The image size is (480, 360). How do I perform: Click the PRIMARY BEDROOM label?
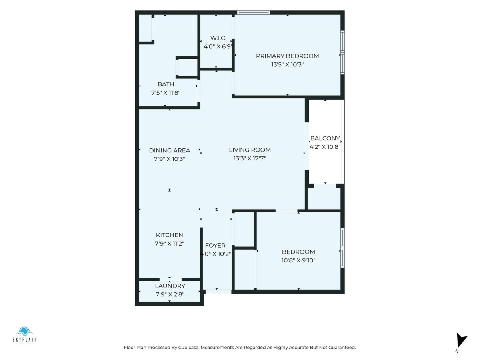(x=287, y=56)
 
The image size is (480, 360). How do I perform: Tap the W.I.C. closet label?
(x=218, y=38)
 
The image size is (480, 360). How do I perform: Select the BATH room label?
(x=166, y=84)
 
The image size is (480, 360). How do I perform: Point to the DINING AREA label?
(x=170, y=150)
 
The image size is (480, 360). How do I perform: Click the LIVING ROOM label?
(x=250, y=150)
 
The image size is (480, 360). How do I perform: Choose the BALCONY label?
(x=325, y=138)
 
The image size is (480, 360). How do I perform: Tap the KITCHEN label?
(x=169, y=235)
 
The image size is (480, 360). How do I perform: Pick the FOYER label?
(x=215, y=246)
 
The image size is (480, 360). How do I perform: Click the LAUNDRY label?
(x=170, y=286)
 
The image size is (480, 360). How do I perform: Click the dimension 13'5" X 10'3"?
(x=287, y=64)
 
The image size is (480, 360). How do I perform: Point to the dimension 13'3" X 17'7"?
(x=250, y=158)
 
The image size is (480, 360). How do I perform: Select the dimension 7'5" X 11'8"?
(x=166, y=93)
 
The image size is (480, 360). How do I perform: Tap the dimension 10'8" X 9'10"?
(x=298, y=260)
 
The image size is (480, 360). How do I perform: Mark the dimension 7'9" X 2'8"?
(x=170, y=294)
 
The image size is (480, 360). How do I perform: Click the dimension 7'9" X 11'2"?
(x=169, y=244)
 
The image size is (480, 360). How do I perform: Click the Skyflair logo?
(x=24, y=336)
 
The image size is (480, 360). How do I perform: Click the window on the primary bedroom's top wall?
(x=254, y=12)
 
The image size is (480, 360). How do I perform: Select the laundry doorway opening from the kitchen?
(x=170, y=280)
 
